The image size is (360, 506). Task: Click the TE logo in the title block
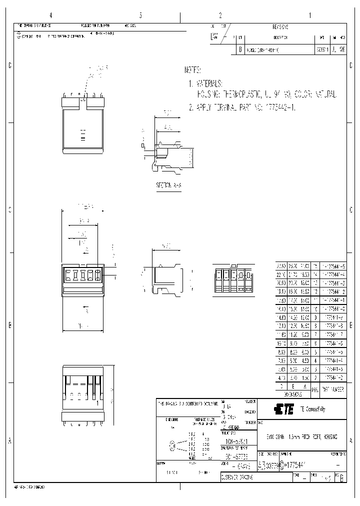284,410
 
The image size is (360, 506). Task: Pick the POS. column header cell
315,388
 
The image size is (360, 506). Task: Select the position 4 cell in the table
315,361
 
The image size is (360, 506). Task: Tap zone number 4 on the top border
50,15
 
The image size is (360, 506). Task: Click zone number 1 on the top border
310,15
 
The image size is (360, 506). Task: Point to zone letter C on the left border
9,66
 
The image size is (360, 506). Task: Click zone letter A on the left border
9,441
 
